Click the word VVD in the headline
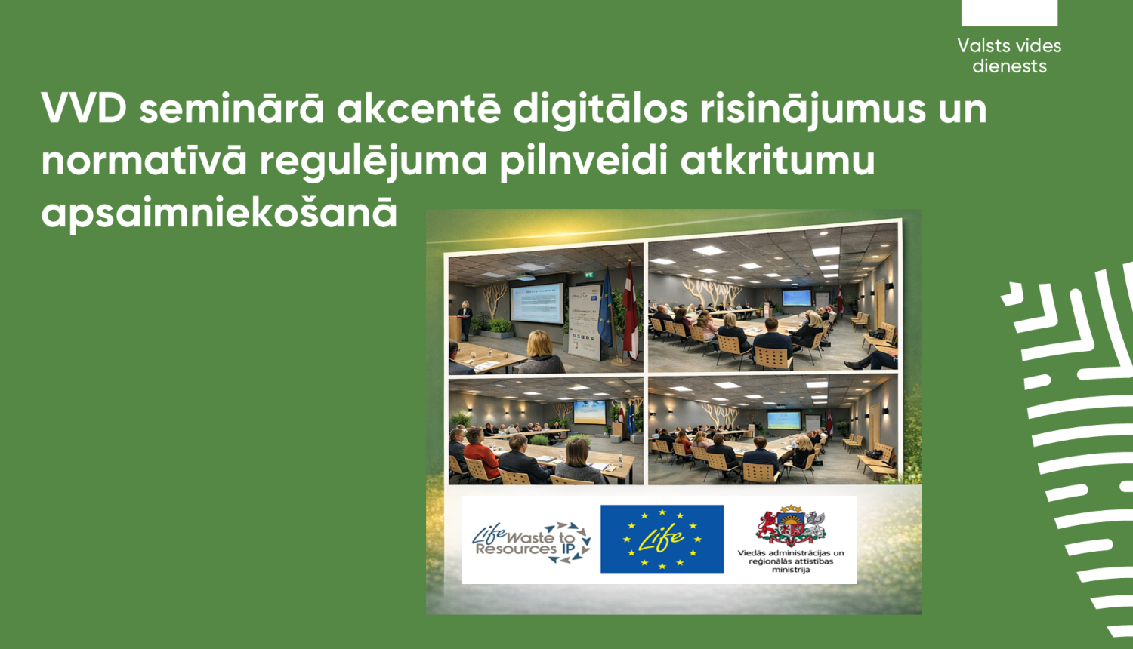85,109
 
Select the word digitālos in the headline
600,109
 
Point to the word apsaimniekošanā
219,213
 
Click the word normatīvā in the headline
144,161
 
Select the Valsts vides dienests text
1009,56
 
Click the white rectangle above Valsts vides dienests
1009,13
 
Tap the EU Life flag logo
662,539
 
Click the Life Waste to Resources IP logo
531,540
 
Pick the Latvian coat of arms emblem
791,525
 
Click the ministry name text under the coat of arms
791,561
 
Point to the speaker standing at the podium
465,317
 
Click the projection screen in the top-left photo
537,303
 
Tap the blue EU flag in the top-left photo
605,309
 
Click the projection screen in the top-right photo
796,297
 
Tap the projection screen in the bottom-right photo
783,420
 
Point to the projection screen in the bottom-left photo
589,411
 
